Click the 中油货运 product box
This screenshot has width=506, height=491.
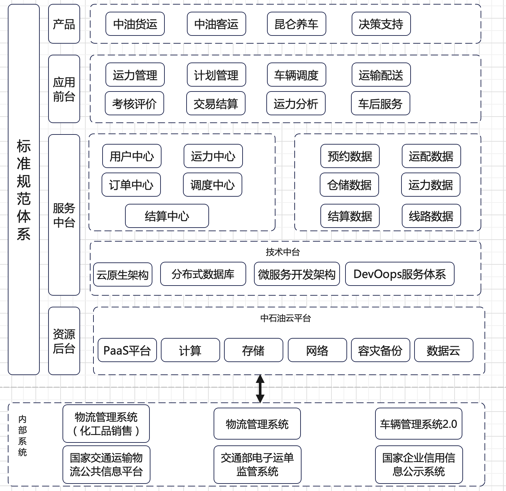point(135,24)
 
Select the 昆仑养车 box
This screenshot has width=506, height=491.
point(296,24)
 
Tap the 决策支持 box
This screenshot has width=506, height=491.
point(381,24)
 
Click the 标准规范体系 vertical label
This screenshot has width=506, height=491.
point(24,189)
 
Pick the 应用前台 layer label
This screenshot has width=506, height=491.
point(64,89)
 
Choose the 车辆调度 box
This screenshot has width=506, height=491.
point(296,75)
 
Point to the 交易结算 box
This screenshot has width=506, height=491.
point(216,103)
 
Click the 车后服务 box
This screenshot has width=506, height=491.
point(380,103)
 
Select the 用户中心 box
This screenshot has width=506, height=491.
point(132,156)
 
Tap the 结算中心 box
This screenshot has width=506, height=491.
point(167,216)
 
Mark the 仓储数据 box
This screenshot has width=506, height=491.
point(349,185)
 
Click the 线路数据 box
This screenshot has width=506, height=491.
point(431,216)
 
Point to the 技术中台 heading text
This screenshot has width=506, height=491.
point(283,252)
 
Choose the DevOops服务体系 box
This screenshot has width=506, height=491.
point(400,274)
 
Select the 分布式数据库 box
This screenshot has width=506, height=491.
point(203,274)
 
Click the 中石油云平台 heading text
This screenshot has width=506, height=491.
point(286,318)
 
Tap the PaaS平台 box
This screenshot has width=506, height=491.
point(127,350)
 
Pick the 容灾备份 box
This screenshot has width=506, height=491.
point(380,350)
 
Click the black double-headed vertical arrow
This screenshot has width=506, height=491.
point(260,389)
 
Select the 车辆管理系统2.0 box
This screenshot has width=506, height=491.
point(418,424)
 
